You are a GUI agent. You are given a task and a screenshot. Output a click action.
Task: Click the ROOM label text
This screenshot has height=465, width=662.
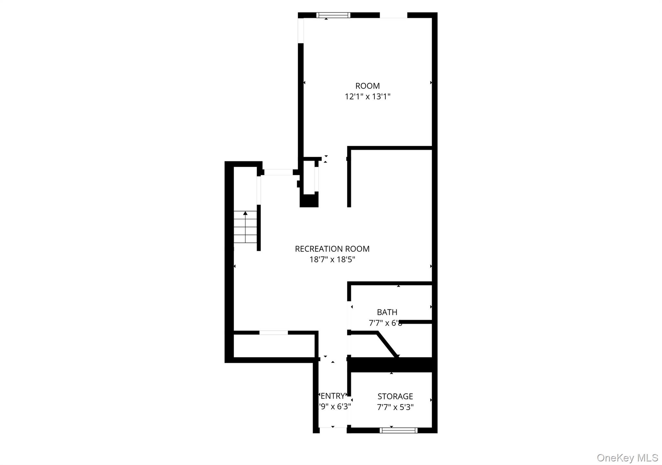pos(368,86)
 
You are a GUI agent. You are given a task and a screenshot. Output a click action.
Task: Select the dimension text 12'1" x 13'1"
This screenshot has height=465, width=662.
pos(368,97)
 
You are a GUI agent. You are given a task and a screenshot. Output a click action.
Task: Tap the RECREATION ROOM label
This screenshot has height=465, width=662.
pos(332,249)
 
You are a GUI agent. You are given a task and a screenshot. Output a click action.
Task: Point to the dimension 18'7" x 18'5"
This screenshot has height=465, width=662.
pos(332,259)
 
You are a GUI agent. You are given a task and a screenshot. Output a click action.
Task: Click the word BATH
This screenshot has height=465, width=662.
pos(387,312)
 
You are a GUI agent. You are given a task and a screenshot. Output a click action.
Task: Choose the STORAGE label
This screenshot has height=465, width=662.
pos(395,396)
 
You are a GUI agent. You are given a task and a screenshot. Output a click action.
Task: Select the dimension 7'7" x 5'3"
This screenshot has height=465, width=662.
pos(395,407)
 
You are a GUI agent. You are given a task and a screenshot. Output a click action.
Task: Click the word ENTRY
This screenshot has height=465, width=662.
pos(333,396)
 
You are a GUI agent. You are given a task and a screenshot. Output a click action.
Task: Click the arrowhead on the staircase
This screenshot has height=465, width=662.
pos(245,213)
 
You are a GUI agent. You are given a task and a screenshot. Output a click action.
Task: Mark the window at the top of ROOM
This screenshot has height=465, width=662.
pos(333,15)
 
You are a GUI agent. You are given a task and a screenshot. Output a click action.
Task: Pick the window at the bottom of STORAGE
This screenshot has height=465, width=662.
pos(398,430)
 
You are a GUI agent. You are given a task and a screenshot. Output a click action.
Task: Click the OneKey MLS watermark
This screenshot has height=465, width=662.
pos(627,458)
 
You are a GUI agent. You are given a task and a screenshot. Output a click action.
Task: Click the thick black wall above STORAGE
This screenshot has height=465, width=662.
pos(391,365)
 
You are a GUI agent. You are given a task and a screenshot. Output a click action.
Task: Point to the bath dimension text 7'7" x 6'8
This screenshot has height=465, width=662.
pos(385,323)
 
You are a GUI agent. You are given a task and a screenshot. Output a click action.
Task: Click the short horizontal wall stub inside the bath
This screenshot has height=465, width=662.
pos(416,322)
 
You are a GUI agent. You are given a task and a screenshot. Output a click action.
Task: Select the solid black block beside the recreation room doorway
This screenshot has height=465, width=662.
pos(309,201)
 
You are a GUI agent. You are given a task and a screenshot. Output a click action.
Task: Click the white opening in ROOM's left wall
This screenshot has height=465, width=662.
pos(301,30)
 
